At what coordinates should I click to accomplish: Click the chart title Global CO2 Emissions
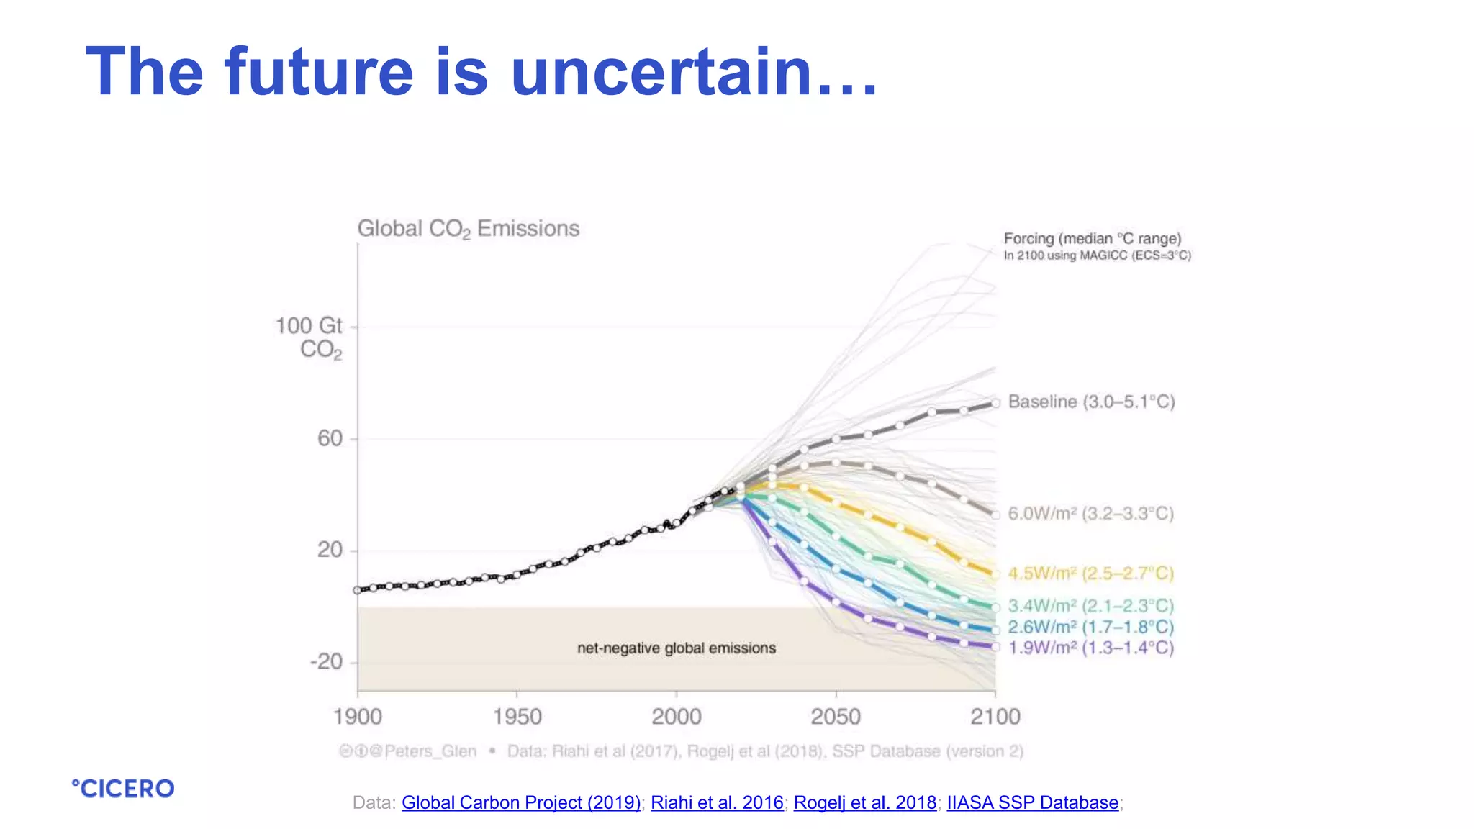(x=468, y=229)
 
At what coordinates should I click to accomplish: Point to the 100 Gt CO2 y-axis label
(x=309, y=337)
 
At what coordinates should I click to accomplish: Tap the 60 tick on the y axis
(x=330, y=438)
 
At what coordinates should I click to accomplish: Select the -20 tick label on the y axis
(x=326, y=661)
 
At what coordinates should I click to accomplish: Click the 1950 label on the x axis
(x=517, y=717)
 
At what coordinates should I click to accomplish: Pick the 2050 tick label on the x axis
(x=836, y=717)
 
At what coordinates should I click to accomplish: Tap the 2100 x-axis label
(x=995, y=717)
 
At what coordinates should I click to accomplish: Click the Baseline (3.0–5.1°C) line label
(x=1091, y=402)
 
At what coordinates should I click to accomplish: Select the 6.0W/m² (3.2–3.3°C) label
(x=1090, y=514)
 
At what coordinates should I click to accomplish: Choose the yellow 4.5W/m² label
(x=1090, y=574)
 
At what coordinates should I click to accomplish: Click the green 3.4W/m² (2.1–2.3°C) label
(x=1090, y=606)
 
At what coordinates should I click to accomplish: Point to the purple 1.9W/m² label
(x=1090, y=648)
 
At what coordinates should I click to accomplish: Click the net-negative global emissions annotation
(x=677, y=648)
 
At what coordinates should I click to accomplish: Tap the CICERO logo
(x=123, y=789)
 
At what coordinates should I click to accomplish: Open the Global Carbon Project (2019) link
(x=521, y=802)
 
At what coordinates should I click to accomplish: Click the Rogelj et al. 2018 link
(x=865, y=802)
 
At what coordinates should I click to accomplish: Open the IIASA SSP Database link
(x=1032, y=802)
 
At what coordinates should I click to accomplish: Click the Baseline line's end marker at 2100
(x=996, y=403)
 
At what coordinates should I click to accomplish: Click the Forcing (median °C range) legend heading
(x=1093, y=239)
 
